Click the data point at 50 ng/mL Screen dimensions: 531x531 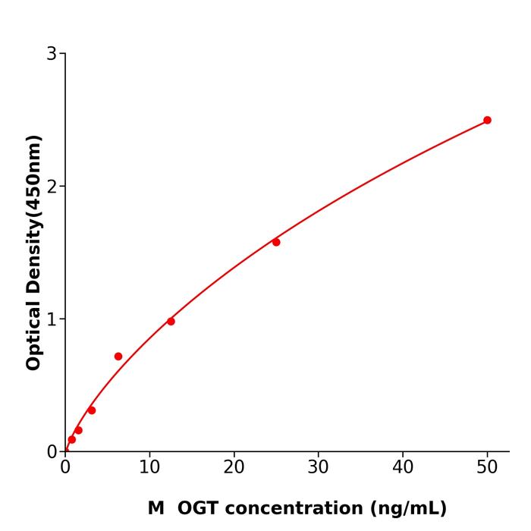coord(487,120)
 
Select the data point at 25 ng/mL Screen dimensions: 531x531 coord(276,242)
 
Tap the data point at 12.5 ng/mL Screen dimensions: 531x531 coord(171,322)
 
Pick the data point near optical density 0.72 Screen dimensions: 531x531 coord(118,357)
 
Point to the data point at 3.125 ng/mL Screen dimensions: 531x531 coord(92,410)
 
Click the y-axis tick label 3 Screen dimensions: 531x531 coord(52,54)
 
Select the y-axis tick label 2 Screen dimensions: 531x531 coord(52,187)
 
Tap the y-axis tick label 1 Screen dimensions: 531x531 coord(52,319)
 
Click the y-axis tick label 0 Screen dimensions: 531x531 coord(52,452)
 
